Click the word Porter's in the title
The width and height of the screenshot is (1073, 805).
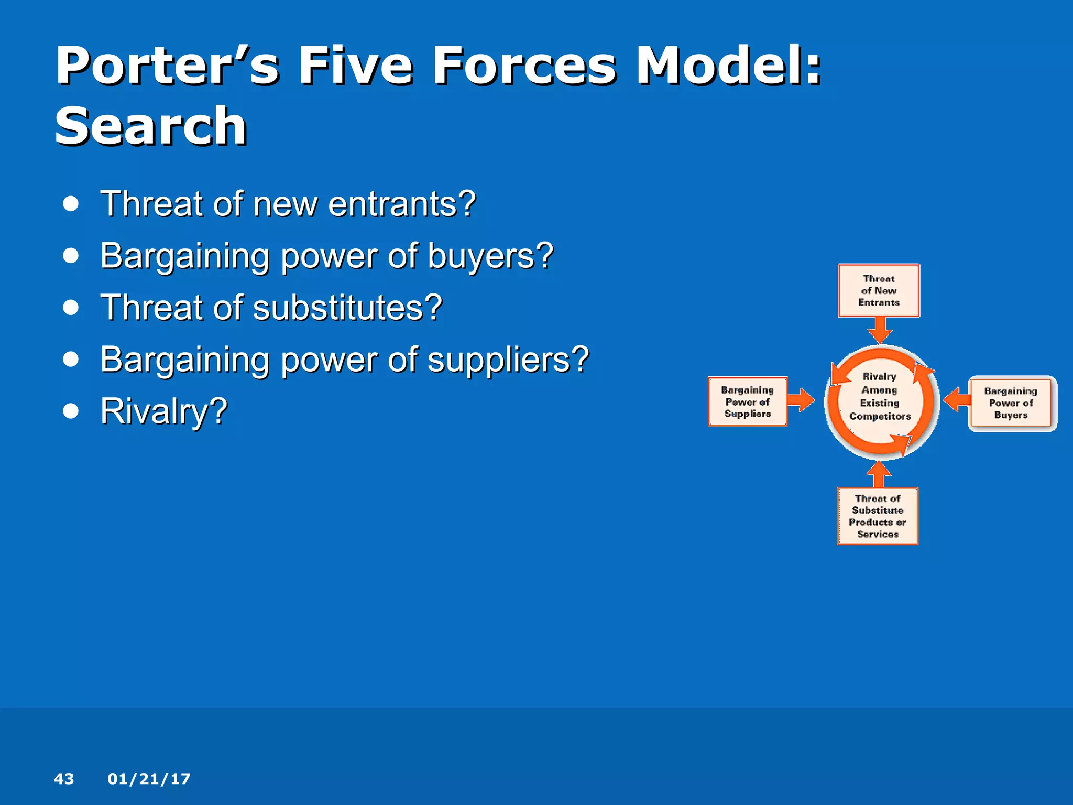[x=167, y=67]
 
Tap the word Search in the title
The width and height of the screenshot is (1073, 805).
[x=150, y=126]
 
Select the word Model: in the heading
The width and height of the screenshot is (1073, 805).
[x=728, y=67]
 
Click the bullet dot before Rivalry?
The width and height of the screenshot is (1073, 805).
[x=71, y=411]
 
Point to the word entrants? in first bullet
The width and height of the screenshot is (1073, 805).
[x=402, y=204]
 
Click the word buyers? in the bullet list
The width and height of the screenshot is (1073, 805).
[x=490, y=256]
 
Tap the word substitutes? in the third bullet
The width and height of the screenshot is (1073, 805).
[x=348, y=308]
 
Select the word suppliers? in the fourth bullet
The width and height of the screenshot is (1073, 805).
[x=508, y=360]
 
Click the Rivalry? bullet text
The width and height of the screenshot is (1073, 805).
[x=163, y=411]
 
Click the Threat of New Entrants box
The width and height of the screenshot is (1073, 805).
[x=879, y=290]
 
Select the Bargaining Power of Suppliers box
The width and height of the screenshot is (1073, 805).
[x=747, y=401]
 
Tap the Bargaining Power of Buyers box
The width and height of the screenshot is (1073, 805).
[x=1011, y=402]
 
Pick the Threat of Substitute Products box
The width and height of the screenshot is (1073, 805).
[x=878, y=516]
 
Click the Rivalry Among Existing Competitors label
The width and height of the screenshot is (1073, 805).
[x=880, y=397]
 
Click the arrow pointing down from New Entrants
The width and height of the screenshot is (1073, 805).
[x=880, y=330]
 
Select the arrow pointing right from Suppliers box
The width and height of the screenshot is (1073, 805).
[x=801, y=400]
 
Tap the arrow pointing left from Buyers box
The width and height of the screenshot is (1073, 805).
[x=957, y=400]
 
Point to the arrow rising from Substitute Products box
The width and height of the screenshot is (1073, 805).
[x=879, y=474]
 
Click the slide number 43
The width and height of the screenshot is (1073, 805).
[x=64, y=779]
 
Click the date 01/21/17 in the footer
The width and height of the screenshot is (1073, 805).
[x=149, y=779]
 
